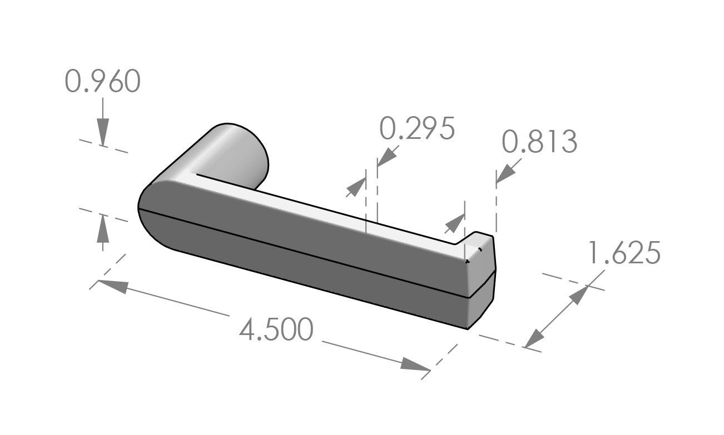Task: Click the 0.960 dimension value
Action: click(x=102, y=82)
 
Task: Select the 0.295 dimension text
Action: click(x=417, y=129)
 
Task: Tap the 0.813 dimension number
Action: click(x=539, y=142)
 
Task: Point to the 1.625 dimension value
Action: click(x=624, y=254)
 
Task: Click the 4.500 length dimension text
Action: click(x=276, y=330)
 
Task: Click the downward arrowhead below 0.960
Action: click(x=102, y=133)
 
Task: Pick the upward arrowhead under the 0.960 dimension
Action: click(x=102, y=228)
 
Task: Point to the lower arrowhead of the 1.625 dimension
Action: click(x=534, y=338)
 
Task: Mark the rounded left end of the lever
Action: click(x=153, y=214)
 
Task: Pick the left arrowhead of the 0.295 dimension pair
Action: click(x=355, y=188)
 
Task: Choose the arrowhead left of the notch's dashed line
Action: click(x=454, y=223)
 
